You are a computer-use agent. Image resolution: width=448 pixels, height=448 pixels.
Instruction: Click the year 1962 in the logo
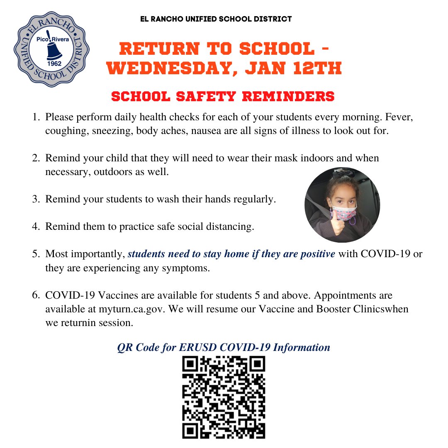pyautogui.click(x=53, y=65)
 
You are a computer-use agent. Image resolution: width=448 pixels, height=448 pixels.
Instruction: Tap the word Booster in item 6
pyautogui.click(x=331, y=309)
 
